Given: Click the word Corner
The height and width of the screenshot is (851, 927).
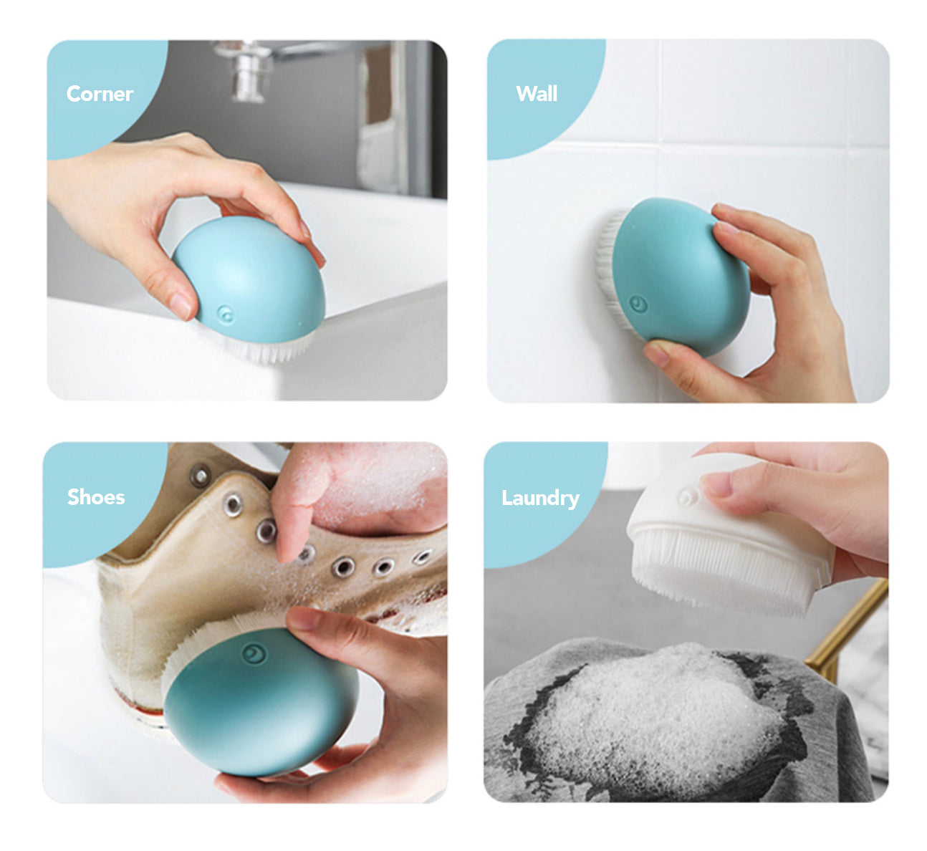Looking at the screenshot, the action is [100, 94].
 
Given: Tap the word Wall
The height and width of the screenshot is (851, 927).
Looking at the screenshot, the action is [537, 94].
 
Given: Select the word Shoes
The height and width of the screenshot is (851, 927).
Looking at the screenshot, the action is [96, 497].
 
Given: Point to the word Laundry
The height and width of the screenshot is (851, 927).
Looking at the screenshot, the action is [540, 499].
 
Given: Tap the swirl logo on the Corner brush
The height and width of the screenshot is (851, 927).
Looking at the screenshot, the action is [226, 314].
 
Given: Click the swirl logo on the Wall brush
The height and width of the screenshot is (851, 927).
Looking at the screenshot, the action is [638, 304].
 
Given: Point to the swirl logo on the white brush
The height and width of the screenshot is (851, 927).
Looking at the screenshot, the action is [689, 497].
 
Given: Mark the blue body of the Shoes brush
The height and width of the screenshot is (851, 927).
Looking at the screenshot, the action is [261, 703].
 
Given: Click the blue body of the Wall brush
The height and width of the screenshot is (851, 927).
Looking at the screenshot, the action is [679, 277].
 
